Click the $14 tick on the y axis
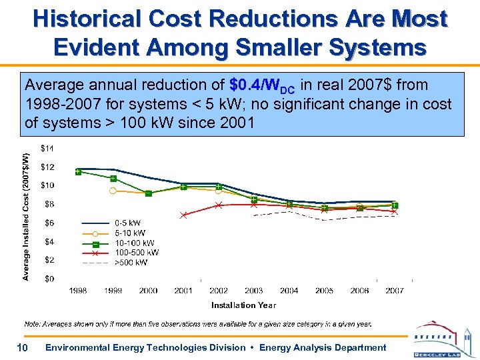point(49,147)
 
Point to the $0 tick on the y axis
point(49,279)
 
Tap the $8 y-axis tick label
point(49,204)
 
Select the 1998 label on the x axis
point(78,291)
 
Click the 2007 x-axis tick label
point(395,291)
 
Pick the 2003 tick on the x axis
point(254,291)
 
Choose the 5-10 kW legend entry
point(129,233)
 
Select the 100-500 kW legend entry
point(136,253)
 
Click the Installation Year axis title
point(243,305)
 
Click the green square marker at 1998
point(79,172)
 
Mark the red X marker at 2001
point(183,215)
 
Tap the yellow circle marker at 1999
point(113,191)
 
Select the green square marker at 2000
point(148,193)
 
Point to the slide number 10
point(21,347)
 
